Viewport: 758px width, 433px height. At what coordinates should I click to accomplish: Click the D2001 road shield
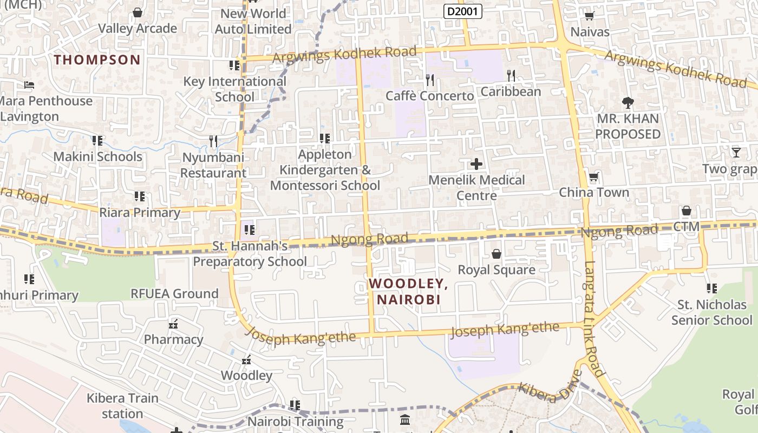pos(463,11)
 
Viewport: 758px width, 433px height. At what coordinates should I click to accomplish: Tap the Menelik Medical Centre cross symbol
pos(476,163)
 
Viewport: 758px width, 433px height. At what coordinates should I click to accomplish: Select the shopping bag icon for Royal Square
pos(496,253)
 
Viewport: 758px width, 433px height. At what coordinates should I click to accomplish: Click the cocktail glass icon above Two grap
pos(736,152)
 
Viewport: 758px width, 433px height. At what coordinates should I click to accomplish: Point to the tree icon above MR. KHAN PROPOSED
pos(628,102)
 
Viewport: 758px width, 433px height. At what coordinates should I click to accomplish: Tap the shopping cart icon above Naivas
pos(590,16)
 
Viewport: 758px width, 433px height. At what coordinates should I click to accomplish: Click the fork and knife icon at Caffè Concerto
pos(430,80)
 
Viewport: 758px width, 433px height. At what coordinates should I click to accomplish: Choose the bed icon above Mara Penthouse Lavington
pos(29,85)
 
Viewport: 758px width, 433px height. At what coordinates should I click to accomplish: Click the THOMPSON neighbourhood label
pos(97,60)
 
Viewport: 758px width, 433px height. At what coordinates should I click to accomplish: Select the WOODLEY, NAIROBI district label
pos(409,291)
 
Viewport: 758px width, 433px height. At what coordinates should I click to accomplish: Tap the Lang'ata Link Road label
pos(594,319)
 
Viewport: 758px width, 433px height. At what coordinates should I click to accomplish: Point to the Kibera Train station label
pos(122,406)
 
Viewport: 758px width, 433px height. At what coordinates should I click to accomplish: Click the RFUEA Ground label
pos(174,294)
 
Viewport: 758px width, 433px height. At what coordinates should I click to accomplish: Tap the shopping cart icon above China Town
pos(594,176)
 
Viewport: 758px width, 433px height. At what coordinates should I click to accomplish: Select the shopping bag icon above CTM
pos(687,211)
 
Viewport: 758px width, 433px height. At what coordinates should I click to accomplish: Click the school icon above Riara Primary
pos(140,196)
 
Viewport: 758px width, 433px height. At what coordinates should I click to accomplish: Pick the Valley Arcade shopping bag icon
pos(138,12)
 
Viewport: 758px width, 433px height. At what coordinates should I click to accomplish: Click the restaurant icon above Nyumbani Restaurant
pos(213,141)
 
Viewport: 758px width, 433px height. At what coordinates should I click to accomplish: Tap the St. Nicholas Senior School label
pos(711,312)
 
